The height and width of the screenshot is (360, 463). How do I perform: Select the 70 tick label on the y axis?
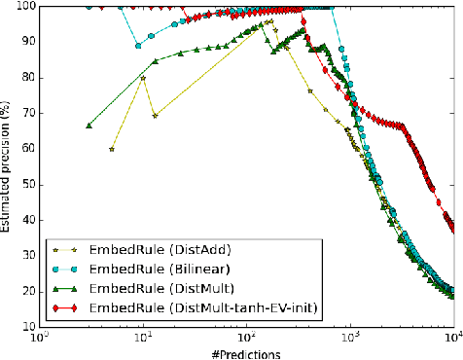(27, 114)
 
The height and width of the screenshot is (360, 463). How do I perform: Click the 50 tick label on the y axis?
(27, 185)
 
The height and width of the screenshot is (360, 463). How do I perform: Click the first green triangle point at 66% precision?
(89, 126)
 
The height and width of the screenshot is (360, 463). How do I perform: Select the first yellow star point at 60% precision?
(112, 149)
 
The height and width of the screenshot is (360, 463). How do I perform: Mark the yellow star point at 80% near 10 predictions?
(143, 78)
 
